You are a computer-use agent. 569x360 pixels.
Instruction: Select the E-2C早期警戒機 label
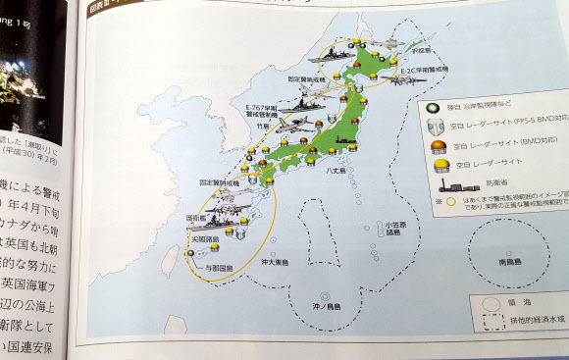coord(424,70)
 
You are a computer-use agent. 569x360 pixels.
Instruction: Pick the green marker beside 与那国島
coord(192,253)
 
